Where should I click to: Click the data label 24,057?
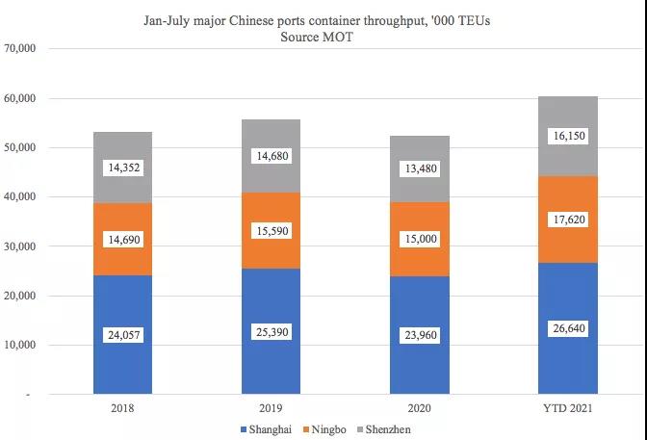point(123,336)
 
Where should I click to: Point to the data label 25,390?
point(271,332)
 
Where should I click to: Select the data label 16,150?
point(568,137)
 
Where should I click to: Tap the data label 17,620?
point(568,220)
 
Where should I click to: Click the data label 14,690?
point(123,239)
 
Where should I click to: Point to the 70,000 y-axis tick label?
point(20,49)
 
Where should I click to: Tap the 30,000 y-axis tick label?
point(20,246)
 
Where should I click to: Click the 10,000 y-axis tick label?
point(20,345)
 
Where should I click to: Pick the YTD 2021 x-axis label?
point(568,408)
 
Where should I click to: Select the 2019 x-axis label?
point(271,408)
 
